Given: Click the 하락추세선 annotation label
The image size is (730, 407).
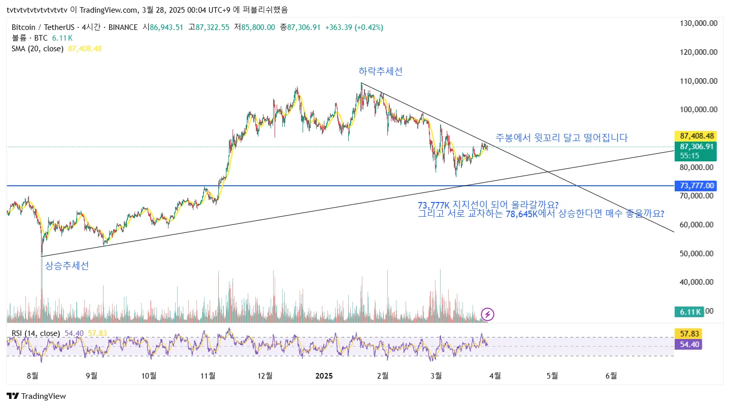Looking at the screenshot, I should (380, 72).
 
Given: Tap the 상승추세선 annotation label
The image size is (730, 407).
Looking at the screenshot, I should (67, 265).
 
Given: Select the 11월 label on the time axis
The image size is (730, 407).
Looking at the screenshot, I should (208, 376).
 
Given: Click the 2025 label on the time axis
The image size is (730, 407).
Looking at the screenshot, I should (324, 376).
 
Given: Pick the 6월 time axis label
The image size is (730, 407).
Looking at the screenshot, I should (612, 376).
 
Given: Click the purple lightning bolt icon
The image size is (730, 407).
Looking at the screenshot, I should (487, 314).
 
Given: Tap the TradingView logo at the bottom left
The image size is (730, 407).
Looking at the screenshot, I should (37, 396).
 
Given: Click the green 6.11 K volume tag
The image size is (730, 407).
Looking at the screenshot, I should (689, 312).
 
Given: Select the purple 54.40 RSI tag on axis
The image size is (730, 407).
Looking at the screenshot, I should (688, 344).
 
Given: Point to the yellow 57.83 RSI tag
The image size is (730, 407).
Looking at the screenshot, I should (688, 334).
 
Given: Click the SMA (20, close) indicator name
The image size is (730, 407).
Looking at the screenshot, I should (38, 49).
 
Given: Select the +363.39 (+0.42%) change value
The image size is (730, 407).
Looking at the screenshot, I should (354, 27).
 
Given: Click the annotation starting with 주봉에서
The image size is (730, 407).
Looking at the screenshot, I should (561, 138).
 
